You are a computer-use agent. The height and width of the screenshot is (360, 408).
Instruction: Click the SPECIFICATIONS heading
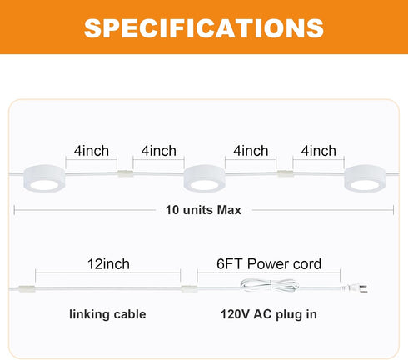(x=204, y=28)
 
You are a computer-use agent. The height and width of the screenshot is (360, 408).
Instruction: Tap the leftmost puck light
(x=44, y=178)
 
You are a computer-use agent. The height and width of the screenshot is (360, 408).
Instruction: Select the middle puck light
(x=204, y=178)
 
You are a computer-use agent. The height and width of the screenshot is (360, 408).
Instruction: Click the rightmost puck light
(x=365, y=178)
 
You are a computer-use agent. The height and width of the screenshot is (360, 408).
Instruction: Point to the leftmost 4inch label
(x=92, y=151)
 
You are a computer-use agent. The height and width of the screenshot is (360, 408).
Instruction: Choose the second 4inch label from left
(x=159, y=151)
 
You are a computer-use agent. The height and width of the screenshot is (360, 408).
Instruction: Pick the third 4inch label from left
(x=251, y=151)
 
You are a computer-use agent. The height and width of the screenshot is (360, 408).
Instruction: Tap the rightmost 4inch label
(x=319, y=151)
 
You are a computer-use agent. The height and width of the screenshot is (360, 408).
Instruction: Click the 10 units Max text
(x=203, y=210)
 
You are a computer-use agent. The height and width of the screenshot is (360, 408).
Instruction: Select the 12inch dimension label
(x=108, y=264)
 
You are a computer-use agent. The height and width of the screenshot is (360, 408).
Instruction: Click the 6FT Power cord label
(x=269, y=264)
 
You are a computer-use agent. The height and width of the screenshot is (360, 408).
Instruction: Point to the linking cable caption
(x=107, y=314)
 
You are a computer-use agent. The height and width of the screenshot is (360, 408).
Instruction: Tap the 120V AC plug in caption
(x=269, y=314)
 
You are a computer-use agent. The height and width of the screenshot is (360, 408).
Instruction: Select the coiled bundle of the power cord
(x=269, y=285)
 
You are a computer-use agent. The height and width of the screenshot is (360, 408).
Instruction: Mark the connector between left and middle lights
(x=125, y=173)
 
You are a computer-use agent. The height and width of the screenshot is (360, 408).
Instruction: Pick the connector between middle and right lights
(x=285, y=173)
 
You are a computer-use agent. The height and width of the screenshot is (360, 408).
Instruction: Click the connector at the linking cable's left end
(x=27, y=289)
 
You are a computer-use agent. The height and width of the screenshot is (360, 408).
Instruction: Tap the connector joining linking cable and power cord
(x=189, y=289)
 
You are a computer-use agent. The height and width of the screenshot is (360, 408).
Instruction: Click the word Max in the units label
(x=229, y=210)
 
